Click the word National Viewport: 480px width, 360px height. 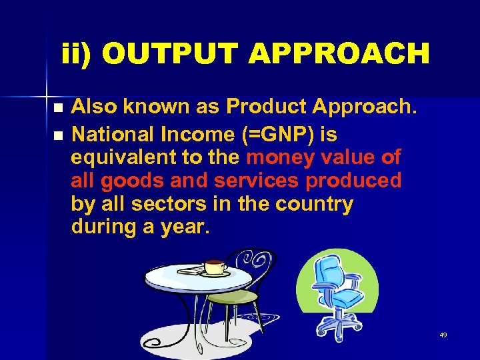pyautogui.click(x=113, y=135)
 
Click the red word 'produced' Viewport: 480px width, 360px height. pyautogui.click(x=353, y=181)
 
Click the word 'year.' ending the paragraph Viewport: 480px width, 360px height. pyautogui.click(x=185, y=227)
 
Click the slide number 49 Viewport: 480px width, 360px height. pyautogui.click(x=443, y=335)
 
